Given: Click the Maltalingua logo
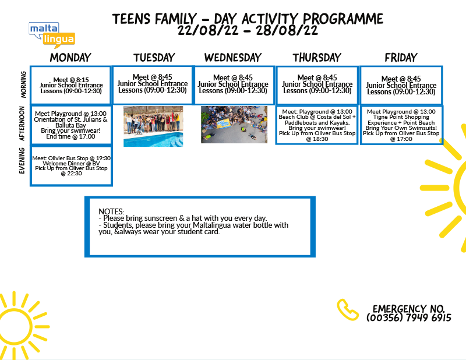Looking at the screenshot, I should tap(51, 34).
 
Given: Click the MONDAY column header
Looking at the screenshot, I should tap(70, 58).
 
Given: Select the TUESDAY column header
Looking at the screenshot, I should tap(154, 58).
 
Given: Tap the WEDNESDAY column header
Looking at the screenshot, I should tap(233, 58).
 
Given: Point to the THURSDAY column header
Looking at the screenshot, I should tap(317, 58).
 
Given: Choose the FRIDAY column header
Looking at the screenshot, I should tap(401, 58).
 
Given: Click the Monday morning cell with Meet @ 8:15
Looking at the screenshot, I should tap(71, 85).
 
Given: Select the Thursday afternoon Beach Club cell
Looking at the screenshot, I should tap(317, 124).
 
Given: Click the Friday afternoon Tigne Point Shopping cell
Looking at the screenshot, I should tap(401, 124).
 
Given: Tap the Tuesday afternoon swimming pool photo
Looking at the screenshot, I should tap(153, 126).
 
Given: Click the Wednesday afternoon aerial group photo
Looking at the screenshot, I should tap(234, 125).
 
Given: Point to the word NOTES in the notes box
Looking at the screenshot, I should tap(112, 211).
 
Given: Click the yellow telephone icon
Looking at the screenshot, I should tap(348, 309).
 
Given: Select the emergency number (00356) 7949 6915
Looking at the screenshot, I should tap(409, 318).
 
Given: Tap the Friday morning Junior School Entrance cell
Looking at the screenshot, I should tap(401, 85).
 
